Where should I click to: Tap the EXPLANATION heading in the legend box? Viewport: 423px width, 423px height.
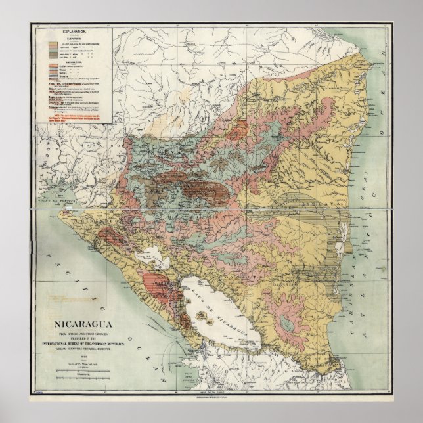coord(72,32)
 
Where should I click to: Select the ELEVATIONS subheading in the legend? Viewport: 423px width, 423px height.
coord(72,37)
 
